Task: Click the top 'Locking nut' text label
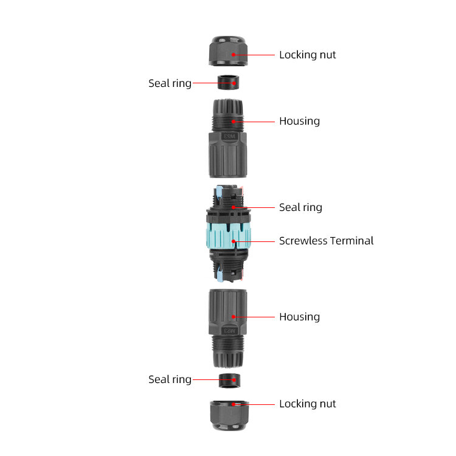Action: pyautogui.click(x=308, y=55)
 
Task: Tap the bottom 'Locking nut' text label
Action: pyautogui.click(x=308, y=404)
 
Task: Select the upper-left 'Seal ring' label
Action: pyautogui.click(x=170, y=83)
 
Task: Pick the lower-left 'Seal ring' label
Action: pyautogui.click(x=170, y=379)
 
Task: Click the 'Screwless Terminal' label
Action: pyautogui.click(x=326, y=241)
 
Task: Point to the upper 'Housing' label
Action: pyautogui.click(x=299, y=121)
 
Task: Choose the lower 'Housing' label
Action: pyautogui.click(x=299, y=317)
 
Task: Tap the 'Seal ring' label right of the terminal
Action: pyautogui.click(x=300, y=208)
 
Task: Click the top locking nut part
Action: pyautogui.click(x=228, y=51)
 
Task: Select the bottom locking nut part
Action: pyautogui.click(x=229, y=416)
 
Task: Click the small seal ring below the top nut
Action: pyautogui.click(x=228, y=82)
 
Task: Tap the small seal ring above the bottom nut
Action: pyautogui.click(x=229, y=381)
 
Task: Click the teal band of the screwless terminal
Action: pyautogui.click(x=228, y=236)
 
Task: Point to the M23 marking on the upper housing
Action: pyautogui.click(x=229, y=136)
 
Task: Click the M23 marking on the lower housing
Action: pyautogui.click(x=230, y=331)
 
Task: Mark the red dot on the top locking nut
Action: pyautogui.click(x=233, y=55)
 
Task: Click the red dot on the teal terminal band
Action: pyautogui.click(x=233, y=241)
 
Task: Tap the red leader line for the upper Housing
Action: pyautogui.click(x=254, y=122)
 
